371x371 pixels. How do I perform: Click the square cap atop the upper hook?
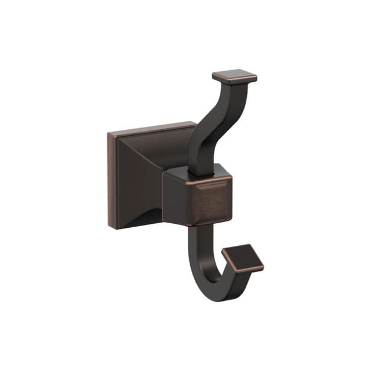click(234, 77)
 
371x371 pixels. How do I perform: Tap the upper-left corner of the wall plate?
click(109, 133)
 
